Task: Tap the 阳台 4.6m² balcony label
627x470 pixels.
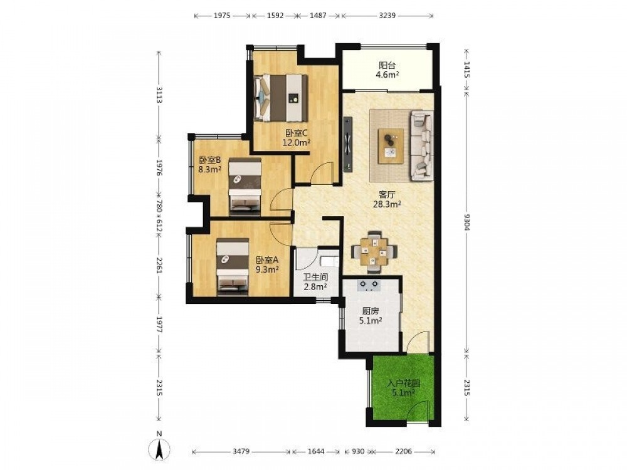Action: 387,70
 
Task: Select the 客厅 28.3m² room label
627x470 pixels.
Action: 387,199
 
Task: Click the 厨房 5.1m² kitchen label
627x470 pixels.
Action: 371,315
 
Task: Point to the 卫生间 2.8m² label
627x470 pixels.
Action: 315,281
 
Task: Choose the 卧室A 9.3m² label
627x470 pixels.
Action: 267,264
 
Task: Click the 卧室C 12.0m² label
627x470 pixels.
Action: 297,137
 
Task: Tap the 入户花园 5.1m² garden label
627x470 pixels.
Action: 403,388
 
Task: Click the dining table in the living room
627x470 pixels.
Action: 374,252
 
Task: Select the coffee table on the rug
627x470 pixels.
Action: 391,146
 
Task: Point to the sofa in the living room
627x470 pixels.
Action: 421,145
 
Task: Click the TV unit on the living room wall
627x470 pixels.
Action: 347,144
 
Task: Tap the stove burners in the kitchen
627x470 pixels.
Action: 369,284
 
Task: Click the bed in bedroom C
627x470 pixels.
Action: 281,98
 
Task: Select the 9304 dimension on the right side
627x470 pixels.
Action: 466,221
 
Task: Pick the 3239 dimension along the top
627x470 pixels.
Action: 387,16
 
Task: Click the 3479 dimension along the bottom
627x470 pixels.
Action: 241,451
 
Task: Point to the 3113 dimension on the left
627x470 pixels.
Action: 159,95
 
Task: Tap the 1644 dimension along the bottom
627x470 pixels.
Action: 316,451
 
